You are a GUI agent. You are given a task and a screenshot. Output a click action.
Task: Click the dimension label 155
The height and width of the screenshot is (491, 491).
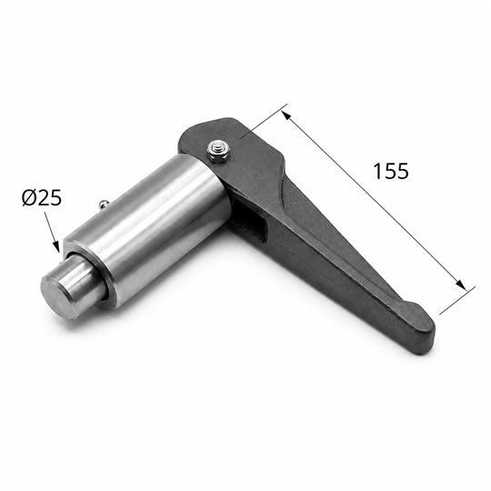[391, 171]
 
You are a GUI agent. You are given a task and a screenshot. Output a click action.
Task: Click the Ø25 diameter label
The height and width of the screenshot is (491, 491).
[42, 198]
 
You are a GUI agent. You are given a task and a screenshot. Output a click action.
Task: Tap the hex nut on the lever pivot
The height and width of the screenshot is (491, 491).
[219, 151]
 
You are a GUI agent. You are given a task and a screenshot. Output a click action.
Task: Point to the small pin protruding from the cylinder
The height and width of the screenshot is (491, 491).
[102, 205]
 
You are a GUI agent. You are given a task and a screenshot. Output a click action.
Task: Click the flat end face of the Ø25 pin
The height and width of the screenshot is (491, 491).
[59, 295]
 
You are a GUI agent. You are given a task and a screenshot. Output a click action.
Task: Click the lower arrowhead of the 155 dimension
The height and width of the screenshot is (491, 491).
[461, 286]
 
